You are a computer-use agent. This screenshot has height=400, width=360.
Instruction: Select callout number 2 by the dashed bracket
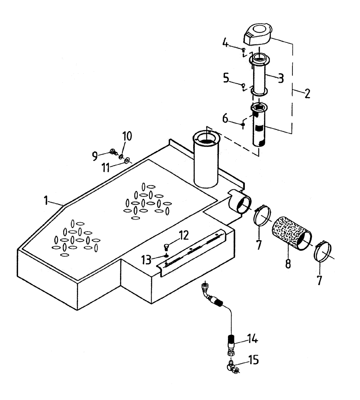point(307,94)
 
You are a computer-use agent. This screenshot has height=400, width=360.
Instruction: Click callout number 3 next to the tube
point(281,78)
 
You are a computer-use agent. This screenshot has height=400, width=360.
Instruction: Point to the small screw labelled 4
point(243,49)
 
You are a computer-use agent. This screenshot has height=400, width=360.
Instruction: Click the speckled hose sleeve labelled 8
point(290,233)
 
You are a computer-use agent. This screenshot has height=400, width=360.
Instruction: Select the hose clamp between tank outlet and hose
point(262,218)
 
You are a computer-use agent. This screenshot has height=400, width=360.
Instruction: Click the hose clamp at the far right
point(324,252)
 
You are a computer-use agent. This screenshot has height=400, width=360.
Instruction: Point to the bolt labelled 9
point(113,152)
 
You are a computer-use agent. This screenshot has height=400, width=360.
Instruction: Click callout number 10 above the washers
point(126,137)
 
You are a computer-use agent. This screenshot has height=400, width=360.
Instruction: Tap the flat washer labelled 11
point(127,161)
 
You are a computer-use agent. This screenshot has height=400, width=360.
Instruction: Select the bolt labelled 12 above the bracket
point(167,246)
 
